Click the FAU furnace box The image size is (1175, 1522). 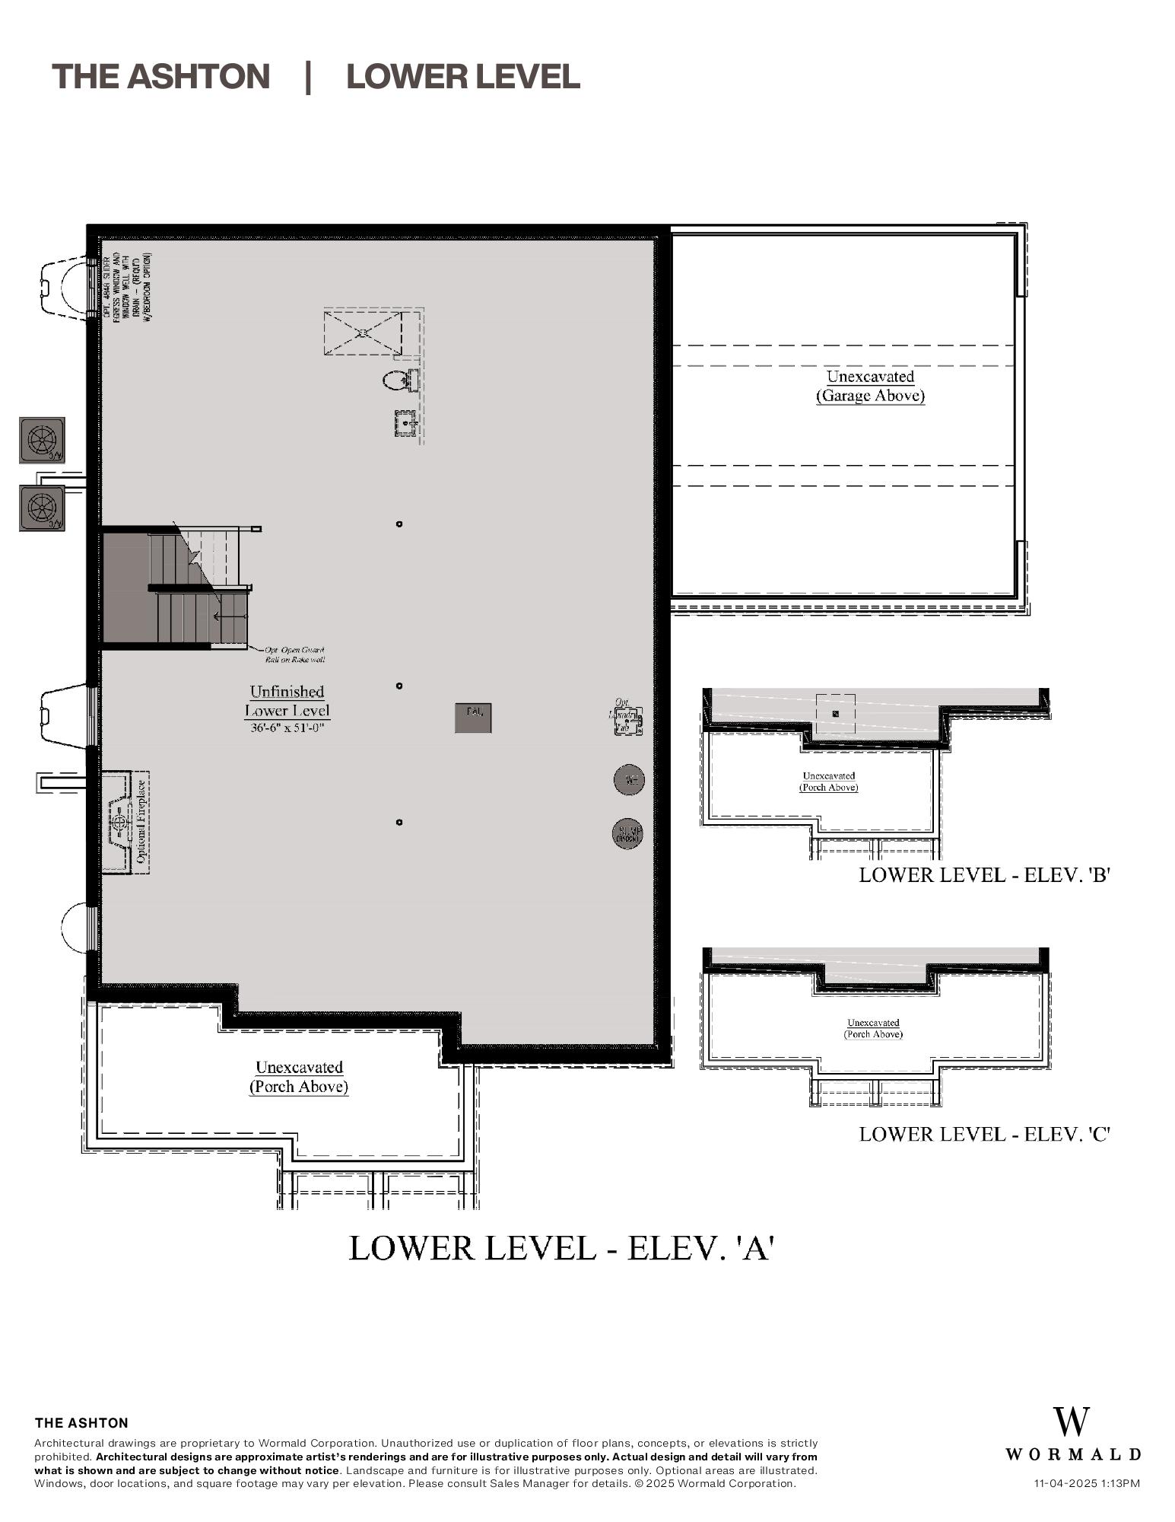click(473, 718)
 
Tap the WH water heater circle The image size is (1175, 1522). click(629, 779)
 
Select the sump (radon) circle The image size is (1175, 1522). click(627, 833)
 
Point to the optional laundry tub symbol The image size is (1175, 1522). click(628, 720)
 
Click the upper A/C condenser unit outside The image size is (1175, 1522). click(43, 440)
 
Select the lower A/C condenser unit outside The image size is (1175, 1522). click(43, 508)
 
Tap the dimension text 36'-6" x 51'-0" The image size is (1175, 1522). click(287, 728)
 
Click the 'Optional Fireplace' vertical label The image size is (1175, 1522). click(141, 822)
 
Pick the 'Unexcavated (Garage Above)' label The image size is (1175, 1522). click(870, 386)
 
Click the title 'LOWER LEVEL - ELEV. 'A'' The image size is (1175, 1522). click(561, 1248)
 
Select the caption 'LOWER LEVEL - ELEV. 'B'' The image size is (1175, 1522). click(985, 874)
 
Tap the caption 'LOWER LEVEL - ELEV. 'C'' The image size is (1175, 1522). click(985, 1134)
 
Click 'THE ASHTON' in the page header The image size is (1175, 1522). click(160, 76)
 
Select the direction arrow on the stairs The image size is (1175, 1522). click(229, 616)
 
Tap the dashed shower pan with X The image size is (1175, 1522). click(363, 333)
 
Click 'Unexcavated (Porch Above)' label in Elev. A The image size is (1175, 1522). click(299, 1077)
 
